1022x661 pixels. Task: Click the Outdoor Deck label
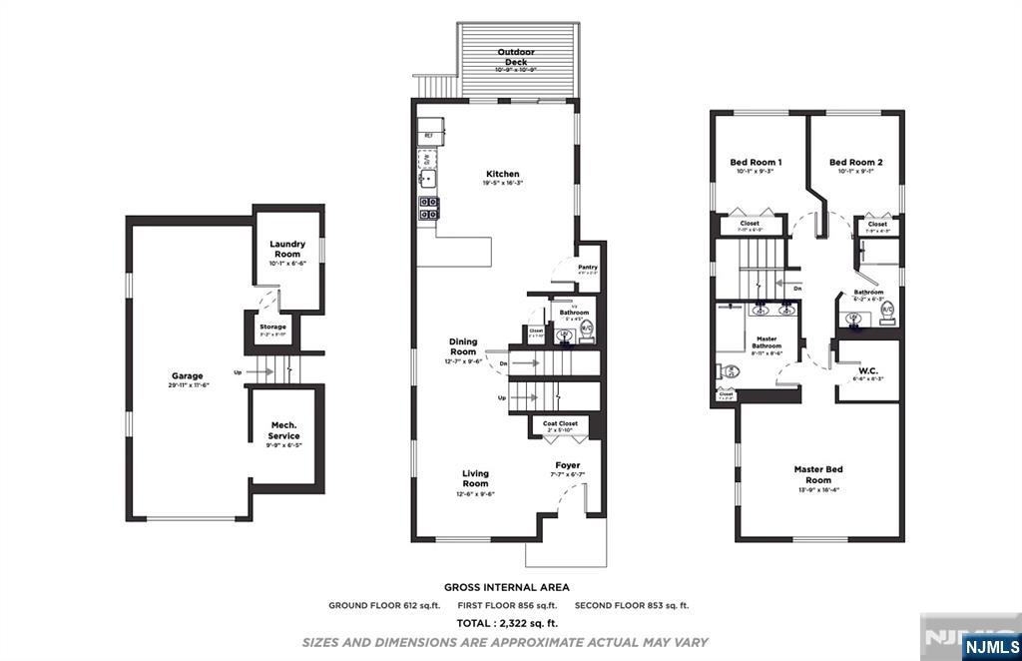[516, 57]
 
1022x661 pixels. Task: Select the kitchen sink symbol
[428, 180]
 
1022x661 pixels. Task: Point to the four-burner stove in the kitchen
[428, 209]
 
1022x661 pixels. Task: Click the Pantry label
[588, 267]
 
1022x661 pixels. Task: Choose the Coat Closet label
[560, 423]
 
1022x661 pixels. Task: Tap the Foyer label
[568, 465]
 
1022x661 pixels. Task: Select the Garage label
[187, 376]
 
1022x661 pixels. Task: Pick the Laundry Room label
[287, 249]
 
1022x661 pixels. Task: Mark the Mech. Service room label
[284, 430]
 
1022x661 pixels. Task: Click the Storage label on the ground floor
[273, 327]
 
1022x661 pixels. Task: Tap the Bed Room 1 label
[756, 162]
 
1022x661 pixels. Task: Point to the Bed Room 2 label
[855, 162]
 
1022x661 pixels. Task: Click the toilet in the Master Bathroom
[729, 371]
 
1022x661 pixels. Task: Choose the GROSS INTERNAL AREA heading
[507, 588]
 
